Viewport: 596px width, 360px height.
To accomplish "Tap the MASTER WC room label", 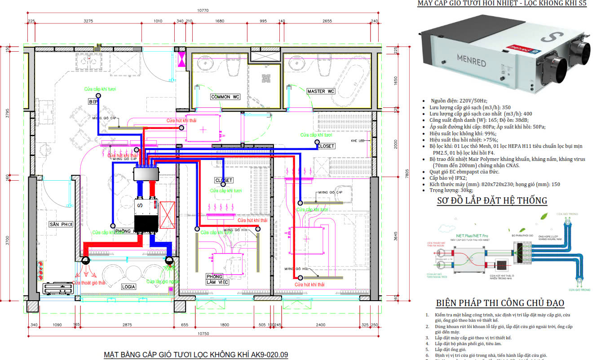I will [x=321, y=92].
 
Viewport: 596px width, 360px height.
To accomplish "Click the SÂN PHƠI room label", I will [x=61, y=224].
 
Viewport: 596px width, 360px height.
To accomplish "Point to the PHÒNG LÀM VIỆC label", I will [x=217, y=279].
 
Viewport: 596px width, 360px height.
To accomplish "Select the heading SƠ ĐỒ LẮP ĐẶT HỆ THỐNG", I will [x=492, y=200].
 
